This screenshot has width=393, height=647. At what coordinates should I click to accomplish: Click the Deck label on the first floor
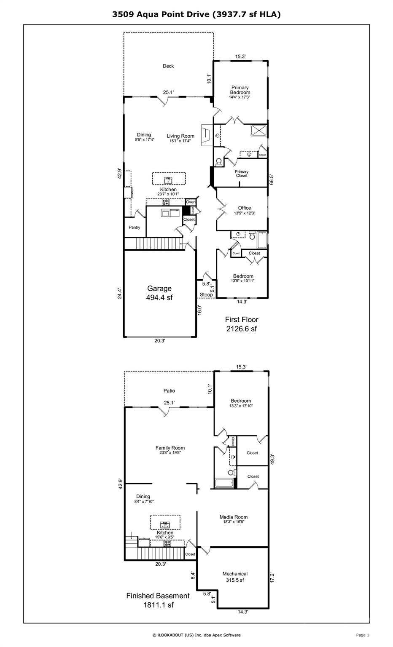click(x=168, y=66)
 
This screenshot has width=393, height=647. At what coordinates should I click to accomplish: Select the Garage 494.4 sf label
click(x=159, y=293)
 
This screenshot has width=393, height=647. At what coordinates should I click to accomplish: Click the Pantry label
click(x=135, y=227)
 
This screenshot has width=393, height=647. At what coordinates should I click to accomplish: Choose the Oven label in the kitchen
click(x=191, y=202)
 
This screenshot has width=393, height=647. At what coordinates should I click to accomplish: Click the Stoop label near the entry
click(x=206, y=295)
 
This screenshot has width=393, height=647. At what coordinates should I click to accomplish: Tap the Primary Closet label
click(x=242, y=174)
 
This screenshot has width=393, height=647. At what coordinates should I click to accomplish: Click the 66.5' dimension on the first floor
click(x=272, y=180)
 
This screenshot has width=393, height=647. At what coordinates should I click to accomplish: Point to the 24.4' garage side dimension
click(x=120, y=293)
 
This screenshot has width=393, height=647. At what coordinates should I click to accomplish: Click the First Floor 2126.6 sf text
click(x=241, y=324)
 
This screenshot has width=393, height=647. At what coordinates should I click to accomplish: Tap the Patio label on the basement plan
click(x=169, y=391)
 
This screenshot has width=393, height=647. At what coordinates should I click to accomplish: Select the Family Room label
click(x=170, y=450)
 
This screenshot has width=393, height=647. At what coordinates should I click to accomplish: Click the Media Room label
click(x=234, y=519)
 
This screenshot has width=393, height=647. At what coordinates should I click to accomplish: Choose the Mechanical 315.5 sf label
click(x=235, y=577)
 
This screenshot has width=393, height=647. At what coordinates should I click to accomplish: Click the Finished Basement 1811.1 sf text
click(x=158, y=600)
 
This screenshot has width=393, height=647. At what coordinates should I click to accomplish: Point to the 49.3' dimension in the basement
click(x=272, y=459)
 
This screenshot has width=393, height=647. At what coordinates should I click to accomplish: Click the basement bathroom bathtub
click(x=224, y=484)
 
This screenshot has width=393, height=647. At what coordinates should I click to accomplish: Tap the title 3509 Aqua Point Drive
click(x=196, y=14)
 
